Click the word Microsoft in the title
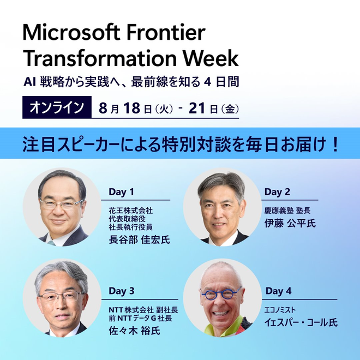(71, 32)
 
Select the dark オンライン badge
(57, 107)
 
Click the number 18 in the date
(132, 108)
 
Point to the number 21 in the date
(197, 108)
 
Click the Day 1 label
(121, 192)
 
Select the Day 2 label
(277, 192)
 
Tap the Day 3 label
(122, 291)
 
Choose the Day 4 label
(278, 291)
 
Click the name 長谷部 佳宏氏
(139, 239)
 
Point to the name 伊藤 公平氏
(290, 223)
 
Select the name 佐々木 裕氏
(134, 331)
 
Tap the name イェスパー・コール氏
(301, 322)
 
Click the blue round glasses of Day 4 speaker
(221, 294)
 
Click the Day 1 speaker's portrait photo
(62, 207)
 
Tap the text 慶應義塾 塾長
(287, 211)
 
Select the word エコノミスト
(280, 310)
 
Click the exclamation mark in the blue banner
(335, 144)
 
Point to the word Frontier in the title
(166, 32)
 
